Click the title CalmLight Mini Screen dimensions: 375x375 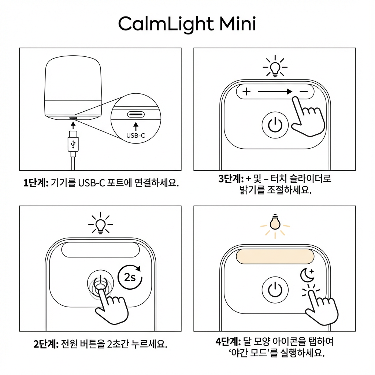[187, 25]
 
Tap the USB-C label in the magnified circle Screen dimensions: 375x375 [136, 135]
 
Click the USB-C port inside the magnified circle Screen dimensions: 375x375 [136, 114]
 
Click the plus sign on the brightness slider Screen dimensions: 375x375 [246, 92]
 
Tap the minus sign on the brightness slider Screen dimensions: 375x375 [304, 92]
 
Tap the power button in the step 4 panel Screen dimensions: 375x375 [273, 290]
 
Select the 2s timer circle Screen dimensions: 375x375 [130, 277]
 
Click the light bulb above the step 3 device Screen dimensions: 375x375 [275, 67]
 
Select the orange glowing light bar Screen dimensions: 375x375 [275, 256]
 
